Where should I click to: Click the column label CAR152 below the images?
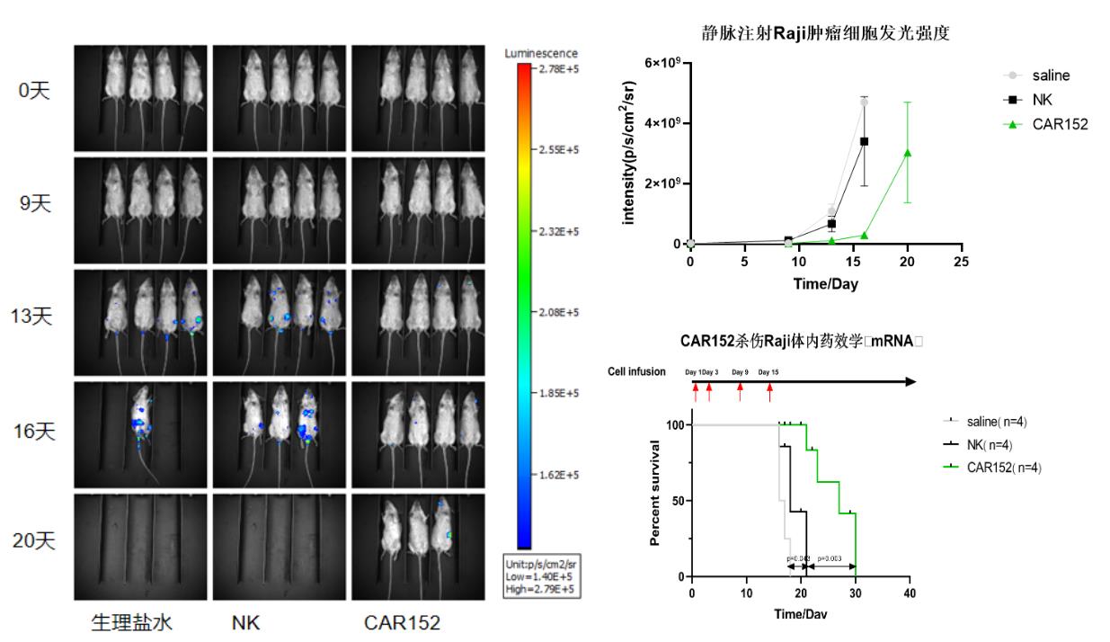[402, 623]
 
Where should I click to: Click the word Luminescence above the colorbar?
[542, 53]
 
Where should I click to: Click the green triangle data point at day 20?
[908, 152]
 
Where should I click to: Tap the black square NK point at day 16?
[865, 141]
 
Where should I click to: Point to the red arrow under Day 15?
[769, 392]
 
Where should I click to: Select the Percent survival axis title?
[656, 501]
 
